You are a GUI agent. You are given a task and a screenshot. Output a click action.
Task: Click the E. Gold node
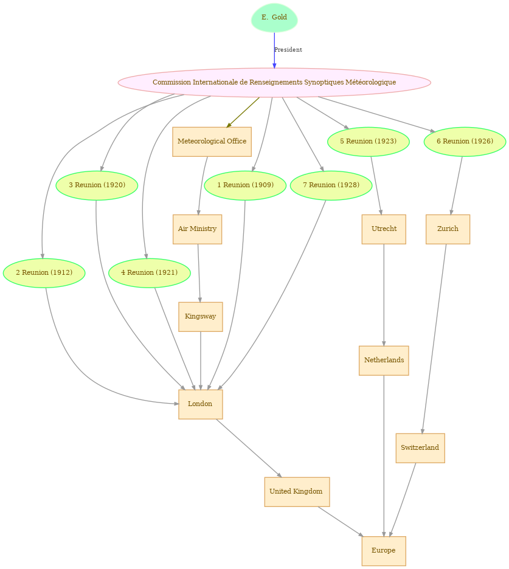click(274, 18)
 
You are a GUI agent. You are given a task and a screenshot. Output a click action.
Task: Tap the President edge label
click(288, 50)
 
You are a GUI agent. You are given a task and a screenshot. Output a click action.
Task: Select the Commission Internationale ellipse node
click(274, 83)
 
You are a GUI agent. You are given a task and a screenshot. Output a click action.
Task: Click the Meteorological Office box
click(212, 142)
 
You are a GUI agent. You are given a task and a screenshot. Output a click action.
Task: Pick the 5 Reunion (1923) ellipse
click(368, 142)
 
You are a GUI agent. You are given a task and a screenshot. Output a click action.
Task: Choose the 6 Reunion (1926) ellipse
click(465, 142)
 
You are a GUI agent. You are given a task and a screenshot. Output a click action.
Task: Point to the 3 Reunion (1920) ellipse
click(97, 185)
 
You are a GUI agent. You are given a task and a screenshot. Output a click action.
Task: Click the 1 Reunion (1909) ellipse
click(245, 185)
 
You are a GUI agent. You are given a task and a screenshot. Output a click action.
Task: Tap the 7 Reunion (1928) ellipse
click(331, 185)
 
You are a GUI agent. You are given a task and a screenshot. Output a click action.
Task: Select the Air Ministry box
click(197, 229)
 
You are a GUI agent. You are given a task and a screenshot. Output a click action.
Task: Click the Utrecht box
click(384, 229)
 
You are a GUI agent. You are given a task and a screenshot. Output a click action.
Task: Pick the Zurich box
click(448, 229)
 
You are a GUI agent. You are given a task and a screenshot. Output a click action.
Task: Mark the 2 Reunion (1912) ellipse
click(44, 273)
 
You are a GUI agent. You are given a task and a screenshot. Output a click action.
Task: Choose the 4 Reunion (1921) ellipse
click(149, 273)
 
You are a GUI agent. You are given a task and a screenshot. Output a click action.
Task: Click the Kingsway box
click(201, 317)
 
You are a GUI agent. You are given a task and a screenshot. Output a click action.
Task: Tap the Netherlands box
click(384, 360)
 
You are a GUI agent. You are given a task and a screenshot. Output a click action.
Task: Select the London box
click(201, 404)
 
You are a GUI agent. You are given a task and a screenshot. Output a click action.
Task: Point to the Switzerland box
click(420, 448)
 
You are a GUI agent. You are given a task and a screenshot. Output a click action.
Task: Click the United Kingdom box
click(297, 492)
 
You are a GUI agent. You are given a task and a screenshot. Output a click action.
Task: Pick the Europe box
click(384, 551)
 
